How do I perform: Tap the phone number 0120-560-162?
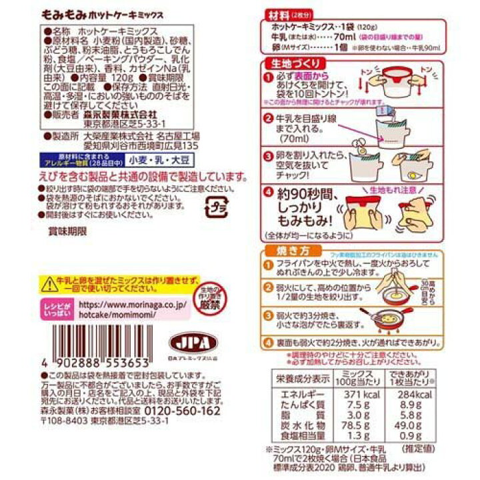coord(182,411)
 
